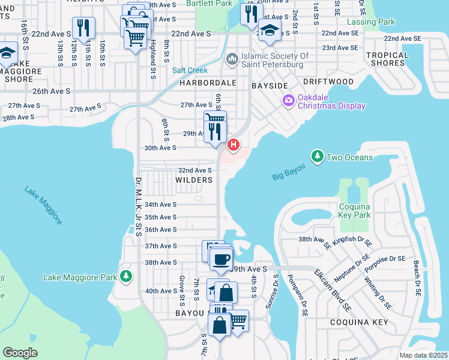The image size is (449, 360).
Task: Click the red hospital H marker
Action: [234, 145]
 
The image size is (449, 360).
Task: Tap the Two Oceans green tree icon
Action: [316, 157]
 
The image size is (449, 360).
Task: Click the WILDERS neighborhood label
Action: [194, 180]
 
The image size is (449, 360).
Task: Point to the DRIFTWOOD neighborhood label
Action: [328, 81]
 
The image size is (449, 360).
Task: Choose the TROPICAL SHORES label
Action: [387, 59]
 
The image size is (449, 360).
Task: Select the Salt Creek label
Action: [190, 70]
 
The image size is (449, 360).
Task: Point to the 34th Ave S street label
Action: [161, 205]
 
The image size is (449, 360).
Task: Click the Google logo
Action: [20, 352]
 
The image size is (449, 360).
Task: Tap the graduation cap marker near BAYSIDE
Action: [270, 31]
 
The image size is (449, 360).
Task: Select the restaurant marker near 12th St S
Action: [83, 28]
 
